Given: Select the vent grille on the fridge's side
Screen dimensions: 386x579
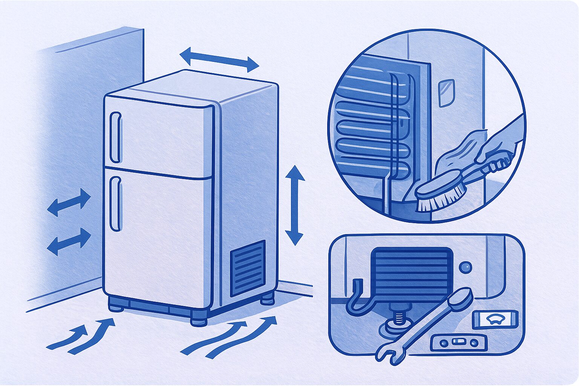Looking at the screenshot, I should coord(248,268).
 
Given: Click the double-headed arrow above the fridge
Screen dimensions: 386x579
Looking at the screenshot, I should coord(219,60).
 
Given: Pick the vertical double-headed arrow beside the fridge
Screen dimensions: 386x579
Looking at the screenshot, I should coord(294,205).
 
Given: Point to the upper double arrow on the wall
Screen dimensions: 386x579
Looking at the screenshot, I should coord(69,202).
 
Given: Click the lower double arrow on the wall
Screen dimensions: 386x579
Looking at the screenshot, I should coord(69,242).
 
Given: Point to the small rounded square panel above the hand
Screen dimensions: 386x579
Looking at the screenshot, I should coord(446,92).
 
